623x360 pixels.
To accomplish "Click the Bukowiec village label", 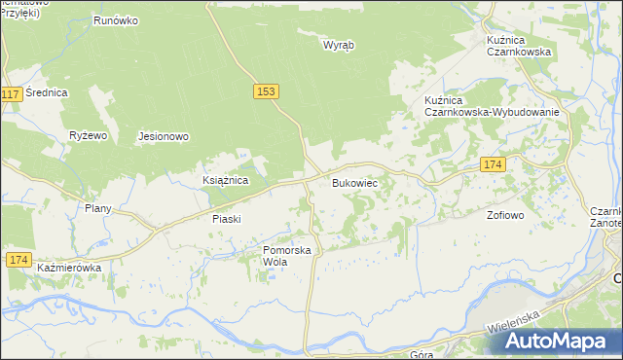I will tap(354, 183).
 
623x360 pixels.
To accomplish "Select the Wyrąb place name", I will tap(338, 45).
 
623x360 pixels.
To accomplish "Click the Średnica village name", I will tap(47, 92).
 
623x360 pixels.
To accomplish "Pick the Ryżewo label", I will tap(88, 135).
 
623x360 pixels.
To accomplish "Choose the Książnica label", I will tap(226, 181).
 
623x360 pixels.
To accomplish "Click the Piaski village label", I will tap(226, 219).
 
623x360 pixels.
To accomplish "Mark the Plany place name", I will tap(98, 208).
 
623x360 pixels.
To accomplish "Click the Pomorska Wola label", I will tap(286, 256).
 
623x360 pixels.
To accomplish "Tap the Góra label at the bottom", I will tap(421, 354).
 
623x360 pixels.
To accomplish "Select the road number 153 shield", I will tap(268, 90).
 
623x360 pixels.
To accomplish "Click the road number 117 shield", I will tap(11, 94).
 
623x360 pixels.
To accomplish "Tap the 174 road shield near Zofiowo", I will tap(492, 165).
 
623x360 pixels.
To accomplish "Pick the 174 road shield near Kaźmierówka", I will tap(17, 259).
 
